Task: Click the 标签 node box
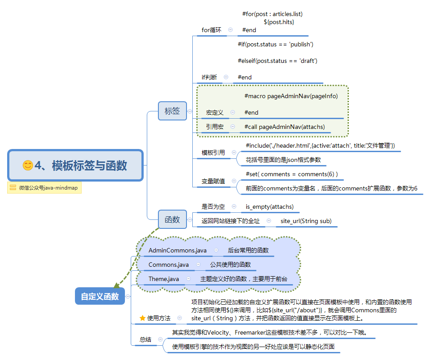pos(172,111)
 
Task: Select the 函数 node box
pos(172,219)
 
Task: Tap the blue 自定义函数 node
pos(99,296)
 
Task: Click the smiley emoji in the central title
pos(28,166)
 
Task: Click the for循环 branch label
pos(211,30)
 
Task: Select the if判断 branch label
pos(209,77)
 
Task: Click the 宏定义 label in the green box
pos(215,112)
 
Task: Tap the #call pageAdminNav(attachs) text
pos(285,127)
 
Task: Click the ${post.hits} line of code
pos(279,22)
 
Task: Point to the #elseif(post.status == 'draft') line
pos(277,61)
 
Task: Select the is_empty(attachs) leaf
pos(269,207)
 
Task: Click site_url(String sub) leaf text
pos(306,221)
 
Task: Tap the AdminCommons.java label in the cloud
pos(178,250)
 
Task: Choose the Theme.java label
pos(164,279)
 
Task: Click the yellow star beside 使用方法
pos(142,318)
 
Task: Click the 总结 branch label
pos(145,339)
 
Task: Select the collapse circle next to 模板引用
pos(234,153)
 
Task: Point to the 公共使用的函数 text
pos(231,265)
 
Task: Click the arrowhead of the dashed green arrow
pos(116,285)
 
